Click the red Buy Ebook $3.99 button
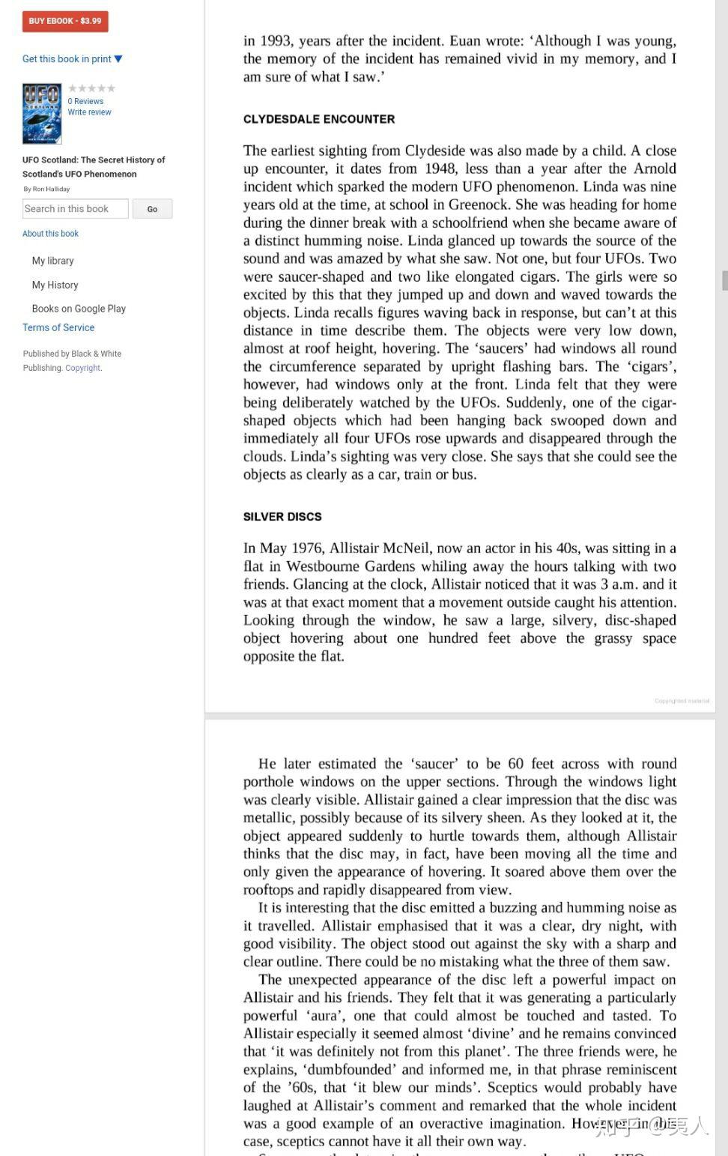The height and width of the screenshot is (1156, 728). pyautogui.click(x=65, y=21)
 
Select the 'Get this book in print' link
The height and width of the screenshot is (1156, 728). pyautogui.click(x=72, y=59)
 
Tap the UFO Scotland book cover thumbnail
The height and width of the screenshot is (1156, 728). pyautogui.click(x=42, y=114)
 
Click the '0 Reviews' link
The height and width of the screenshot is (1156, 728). pyautogui.click(x=85, y=101)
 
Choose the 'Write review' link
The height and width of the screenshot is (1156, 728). pyautogui.click(x=89, y=112)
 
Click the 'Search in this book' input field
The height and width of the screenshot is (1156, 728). pyautogui.click(x=75, y=209)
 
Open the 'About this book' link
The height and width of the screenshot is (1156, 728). pyautogui.click(x=50, y=234)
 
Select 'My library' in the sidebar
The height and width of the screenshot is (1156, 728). pyautogui.click(x=52, y=261)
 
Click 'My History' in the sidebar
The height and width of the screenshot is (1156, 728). pyautogui.click(x=55, y=285)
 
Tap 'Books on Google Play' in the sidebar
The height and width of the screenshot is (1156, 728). pyautogui.click(x=79, y=309)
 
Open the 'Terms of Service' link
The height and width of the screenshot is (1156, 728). pyautogui.click(x=58, y=327)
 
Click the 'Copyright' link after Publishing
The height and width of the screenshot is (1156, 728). pyautogui.click(x=82, y=368)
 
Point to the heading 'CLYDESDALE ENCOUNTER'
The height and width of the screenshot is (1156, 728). pyautogui.click(x=319, y=119)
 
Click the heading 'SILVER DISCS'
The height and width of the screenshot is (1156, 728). pyautogui.click(x=282, y=517)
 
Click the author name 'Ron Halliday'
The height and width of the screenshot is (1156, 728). pyautogui.click(x=51, y=190)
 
